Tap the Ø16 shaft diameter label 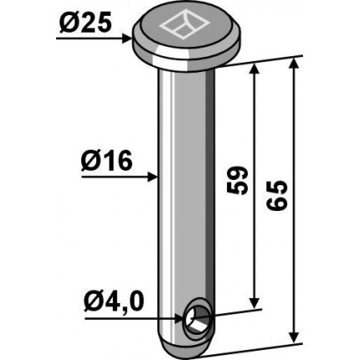[106, 162]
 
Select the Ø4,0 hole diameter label [114, 302]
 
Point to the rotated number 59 [237, 181]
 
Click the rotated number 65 [276, 195]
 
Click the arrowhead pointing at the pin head [127, 39]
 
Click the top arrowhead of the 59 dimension [254, 69]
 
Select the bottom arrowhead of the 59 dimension [254, 303]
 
